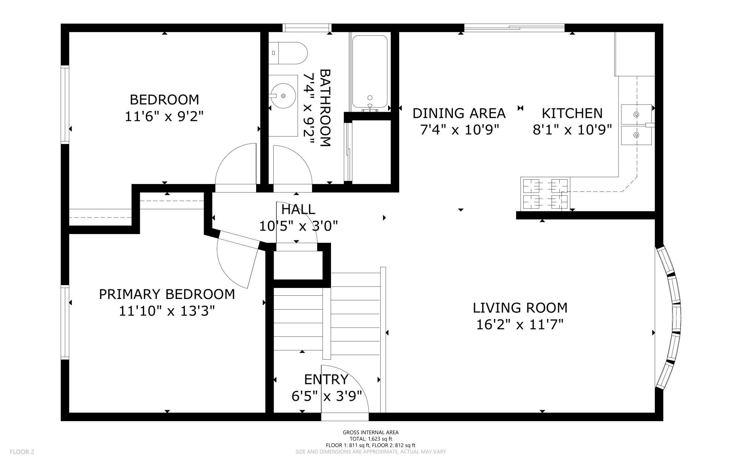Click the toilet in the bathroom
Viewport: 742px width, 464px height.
point(288,53)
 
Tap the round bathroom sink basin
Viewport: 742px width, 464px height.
point(283,96)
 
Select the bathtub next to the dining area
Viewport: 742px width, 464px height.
point(370,71)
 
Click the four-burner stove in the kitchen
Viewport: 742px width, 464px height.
point(545,193)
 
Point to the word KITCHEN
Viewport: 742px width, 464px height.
point(572,113)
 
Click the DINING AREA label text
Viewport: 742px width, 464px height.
point(459,113)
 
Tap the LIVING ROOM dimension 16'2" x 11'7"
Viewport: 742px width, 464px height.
point(520,325)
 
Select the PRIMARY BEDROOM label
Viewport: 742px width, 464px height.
point(167,294)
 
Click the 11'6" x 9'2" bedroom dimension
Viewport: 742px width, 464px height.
point(164,116)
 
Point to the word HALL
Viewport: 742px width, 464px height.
point(298,209)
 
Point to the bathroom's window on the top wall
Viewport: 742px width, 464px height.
point(307,28)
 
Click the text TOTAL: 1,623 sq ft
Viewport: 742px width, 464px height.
point(371,439)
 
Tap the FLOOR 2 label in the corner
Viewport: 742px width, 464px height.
point(22,452)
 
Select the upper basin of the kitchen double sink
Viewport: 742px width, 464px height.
point(636,114)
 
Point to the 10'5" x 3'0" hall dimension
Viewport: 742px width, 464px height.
point(298,226)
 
